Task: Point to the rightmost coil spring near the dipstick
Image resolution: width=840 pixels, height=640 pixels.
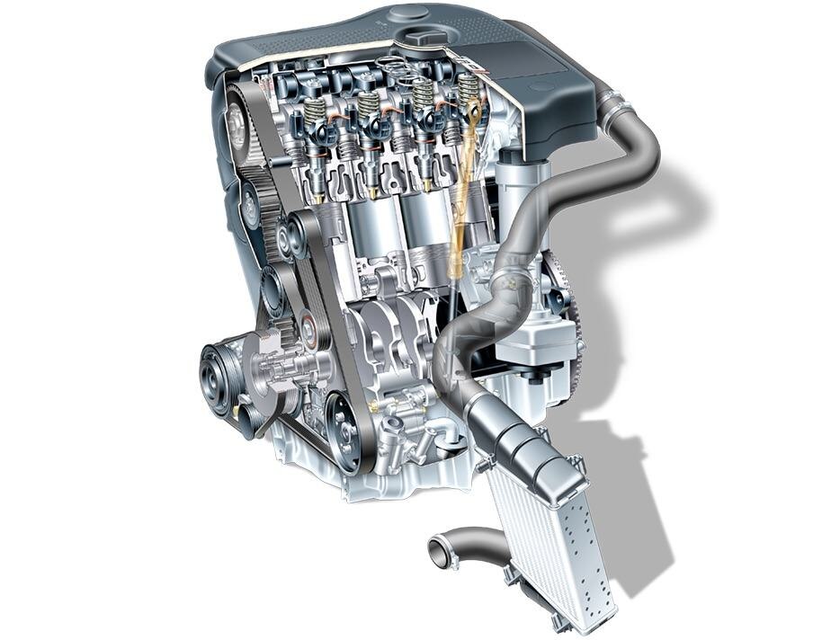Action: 469,90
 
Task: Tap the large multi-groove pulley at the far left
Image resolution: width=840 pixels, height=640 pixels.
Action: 219,378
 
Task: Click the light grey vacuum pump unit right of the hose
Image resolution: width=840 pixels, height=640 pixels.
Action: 531,336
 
